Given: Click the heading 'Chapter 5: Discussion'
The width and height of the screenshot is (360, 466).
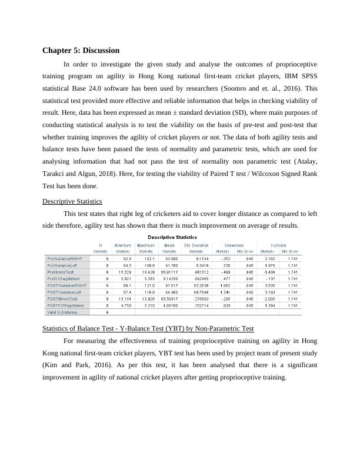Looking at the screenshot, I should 81,51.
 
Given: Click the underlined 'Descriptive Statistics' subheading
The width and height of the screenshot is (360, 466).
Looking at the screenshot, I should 73,201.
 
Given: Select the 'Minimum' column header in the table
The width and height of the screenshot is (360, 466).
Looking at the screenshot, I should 123,245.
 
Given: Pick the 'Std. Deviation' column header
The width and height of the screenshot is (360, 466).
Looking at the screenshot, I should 196,245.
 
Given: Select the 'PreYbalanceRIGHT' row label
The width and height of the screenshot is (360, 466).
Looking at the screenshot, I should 65,258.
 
